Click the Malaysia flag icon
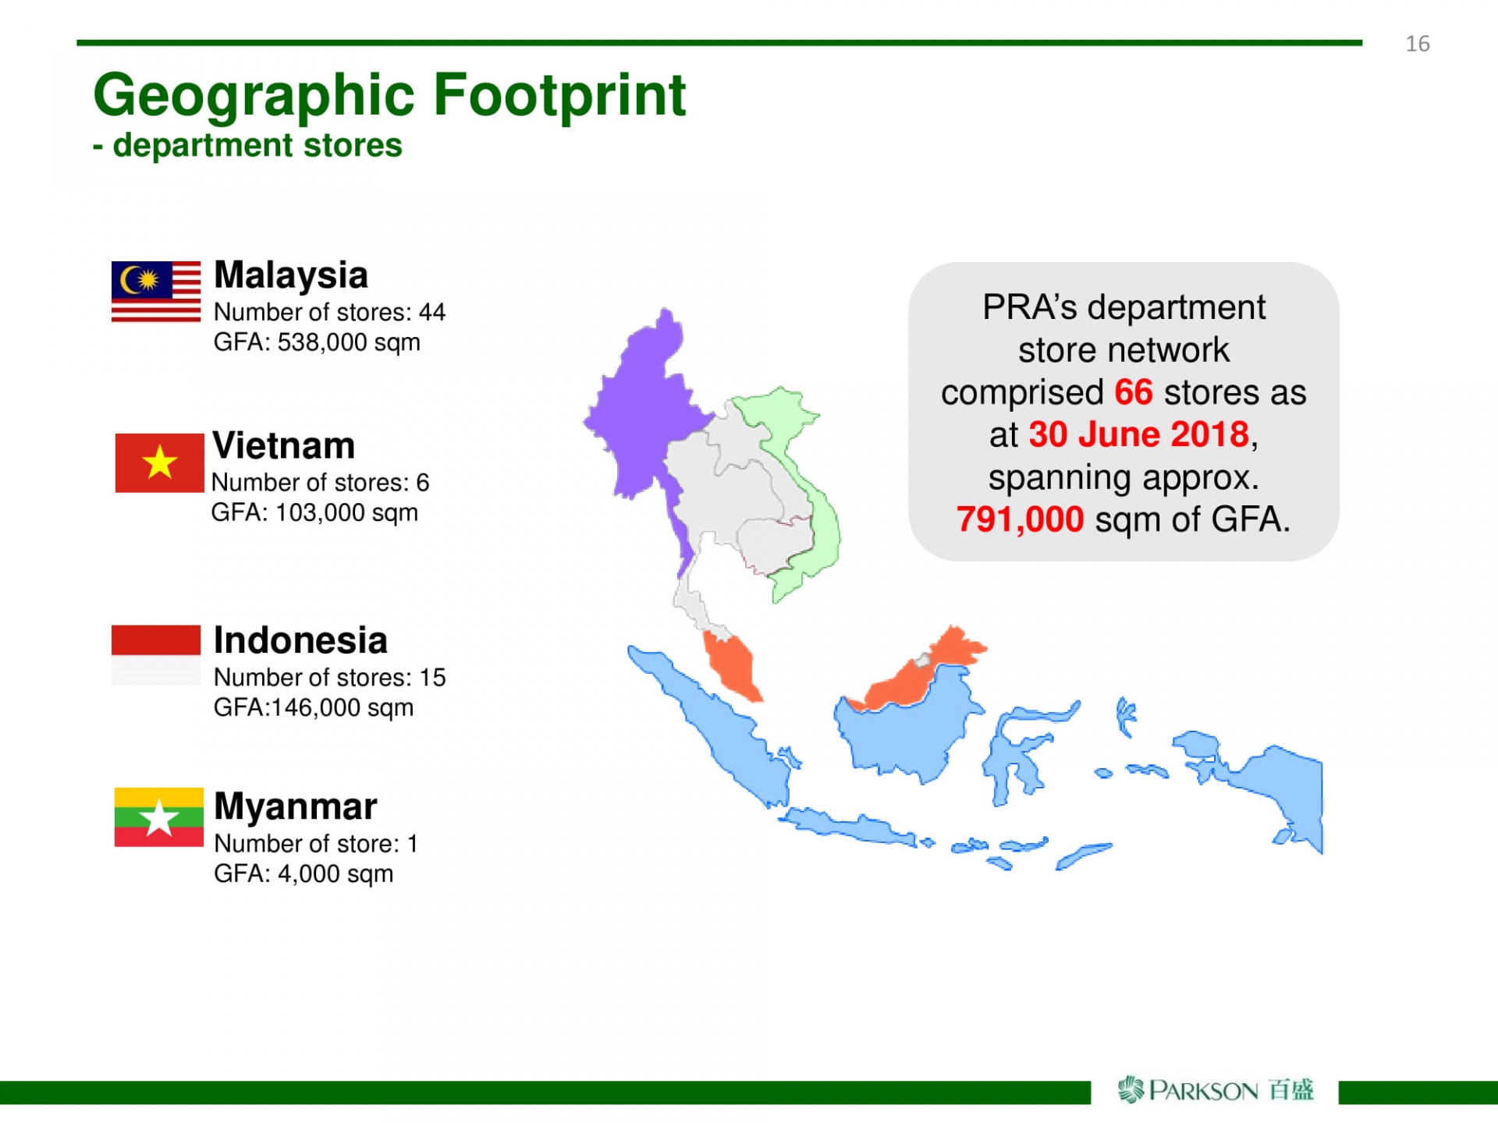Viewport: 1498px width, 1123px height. (x=156, y=292)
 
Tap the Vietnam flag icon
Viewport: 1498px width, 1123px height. (x=159, y=463)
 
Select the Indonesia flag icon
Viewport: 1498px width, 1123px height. (x=156, y=655)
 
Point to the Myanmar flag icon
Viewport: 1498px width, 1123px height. (x=158, y=817)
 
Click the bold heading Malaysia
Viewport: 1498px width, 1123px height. (x=291, y=275)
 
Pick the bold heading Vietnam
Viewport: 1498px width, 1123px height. (x=283, y=445)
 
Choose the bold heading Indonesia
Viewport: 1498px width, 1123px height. (x=300, y=640)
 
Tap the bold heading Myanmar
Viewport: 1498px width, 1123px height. (x=296, y=806)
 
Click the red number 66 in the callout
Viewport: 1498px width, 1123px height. (x=1133, y=392)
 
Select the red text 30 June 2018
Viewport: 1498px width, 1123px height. (x=1139, y=434)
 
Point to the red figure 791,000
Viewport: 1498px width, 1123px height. (x=1020, y=519)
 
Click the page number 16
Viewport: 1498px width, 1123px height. (x=1418, y=44)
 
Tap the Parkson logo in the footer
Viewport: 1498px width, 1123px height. (x=1216, y=1089)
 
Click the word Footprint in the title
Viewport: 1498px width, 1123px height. (x=559, y=95)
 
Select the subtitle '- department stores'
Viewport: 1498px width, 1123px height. (x=247, y=145)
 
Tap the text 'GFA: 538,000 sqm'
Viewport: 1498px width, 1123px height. (x=317, y=342)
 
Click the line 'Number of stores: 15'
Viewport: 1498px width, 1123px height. (x=330, y=678)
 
